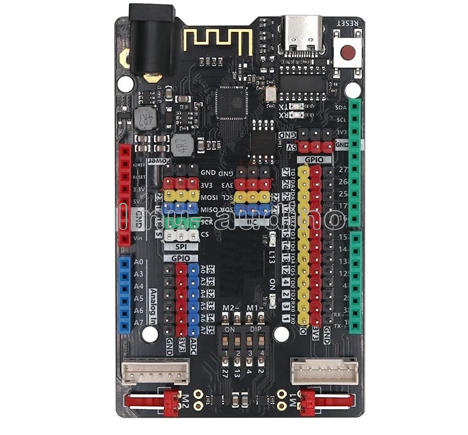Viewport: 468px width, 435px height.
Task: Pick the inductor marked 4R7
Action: pyautogui.click(x=182, y=146)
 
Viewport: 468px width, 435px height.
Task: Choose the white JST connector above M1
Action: pyautogui.click(x=324, y=371)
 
